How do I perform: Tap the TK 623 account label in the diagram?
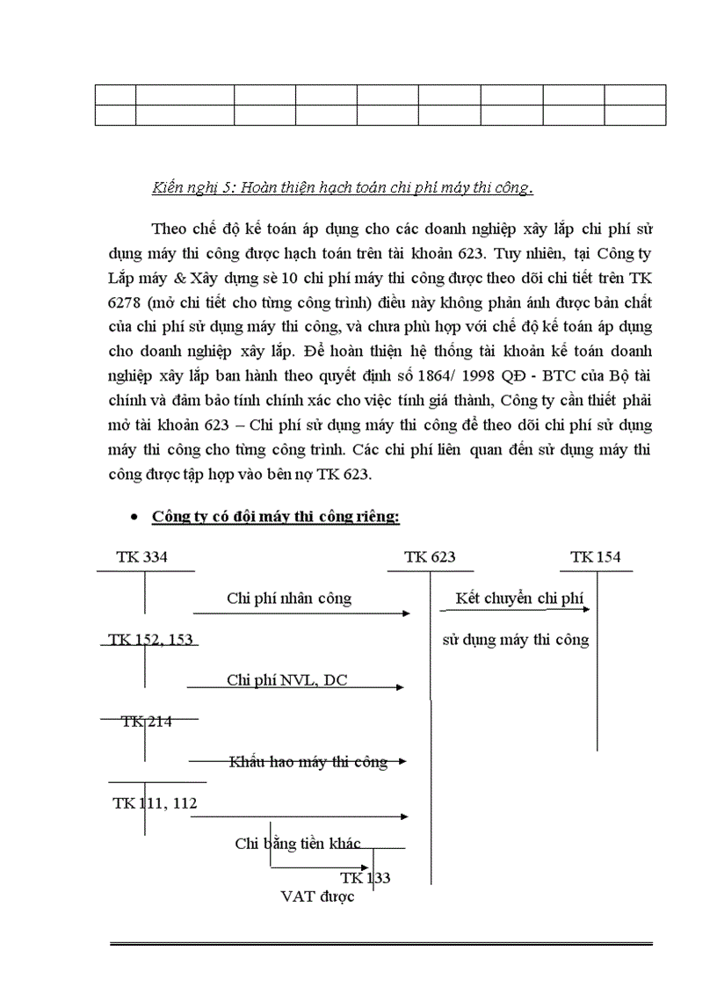point(430,557)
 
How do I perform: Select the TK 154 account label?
point(595,557)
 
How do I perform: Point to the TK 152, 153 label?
point(151,640)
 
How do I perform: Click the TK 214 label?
point(147,722)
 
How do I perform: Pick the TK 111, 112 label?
point(155,803)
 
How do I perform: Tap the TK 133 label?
point(366,878)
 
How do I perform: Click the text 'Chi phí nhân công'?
point(289,599)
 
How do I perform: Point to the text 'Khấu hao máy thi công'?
point(308,762)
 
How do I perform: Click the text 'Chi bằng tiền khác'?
point(298,844)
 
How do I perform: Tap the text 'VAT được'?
point(317,897)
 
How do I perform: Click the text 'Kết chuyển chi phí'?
point(520,599)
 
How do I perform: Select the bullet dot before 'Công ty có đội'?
point(133,518)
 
